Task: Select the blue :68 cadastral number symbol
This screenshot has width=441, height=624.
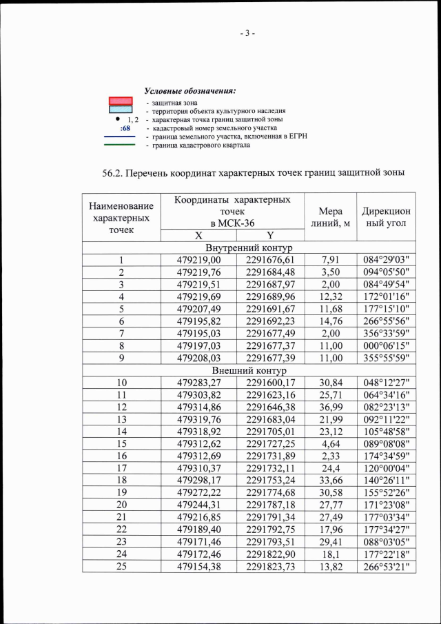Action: [125, 128]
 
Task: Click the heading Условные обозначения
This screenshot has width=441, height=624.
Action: [190, 91]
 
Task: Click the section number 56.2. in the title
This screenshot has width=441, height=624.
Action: [116, 171]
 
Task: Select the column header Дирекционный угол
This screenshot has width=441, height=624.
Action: [385, 216]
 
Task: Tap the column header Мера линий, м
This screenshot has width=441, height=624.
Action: [330, 216]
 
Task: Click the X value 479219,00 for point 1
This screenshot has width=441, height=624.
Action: [198, 260]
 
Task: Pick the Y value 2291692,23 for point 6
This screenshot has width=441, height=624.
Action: [270, 321]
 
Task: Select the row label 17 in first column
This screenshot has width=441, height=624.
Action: [121, 467]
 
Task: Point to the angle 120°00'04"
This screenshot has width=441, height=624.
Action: [386, 467]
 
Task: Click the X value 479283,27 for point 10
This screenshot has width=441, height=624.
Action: [198, 382]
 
